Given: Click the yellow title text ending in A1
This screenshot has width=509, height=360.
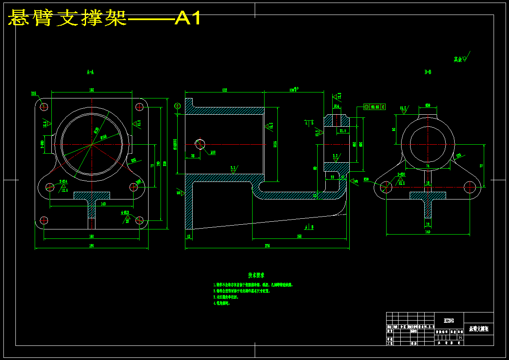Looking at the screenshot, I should click(104, 18).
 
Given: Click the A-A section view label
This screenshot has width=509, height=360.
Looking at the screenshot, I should click(90, 72).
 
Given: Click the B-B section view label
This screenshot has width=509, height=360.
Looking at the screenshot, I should click(428, 72).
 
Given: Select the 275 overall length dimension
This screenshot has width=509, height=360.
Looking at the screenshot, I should click(267, 246).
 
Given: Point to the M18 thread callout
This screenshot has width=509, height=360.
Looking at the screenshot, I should click(213, 152).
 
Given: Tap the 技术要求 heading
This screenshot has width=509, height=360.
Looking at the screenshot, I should click(256, 275).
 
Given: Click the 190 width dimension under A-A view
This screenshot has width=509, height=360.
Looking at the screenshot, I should click(91, 246).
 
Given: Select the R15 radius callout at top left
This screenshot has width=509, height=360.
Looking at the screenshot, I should click(34, 93).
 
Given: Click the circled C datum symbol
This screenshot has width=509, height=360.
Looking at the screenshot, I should click(177, 106).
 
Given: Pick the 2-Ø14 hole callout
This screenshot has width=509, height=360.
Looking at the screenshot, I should click(63, 181).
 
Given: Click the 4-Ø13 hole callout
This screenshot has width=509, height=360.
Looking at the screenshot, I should click(125, 212).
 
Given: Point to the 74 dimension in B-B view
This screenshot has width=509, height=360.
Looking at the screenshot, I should click(427, 165).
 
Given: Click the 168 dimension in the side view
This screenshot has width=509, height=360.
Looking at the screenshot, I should click(299, 236).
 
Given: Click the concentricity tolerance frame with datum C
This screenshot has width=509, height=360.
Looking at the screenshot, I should click(375, 107).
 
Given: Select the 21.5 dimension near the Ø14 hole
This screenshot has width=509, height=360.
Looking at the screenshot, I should click(343, 131).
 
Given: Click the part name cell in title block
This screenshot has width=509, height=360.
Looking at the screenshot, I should click(478, 329).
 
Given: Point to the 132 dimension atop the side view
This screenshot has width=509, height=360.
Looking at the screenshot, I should click(224, 90).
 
